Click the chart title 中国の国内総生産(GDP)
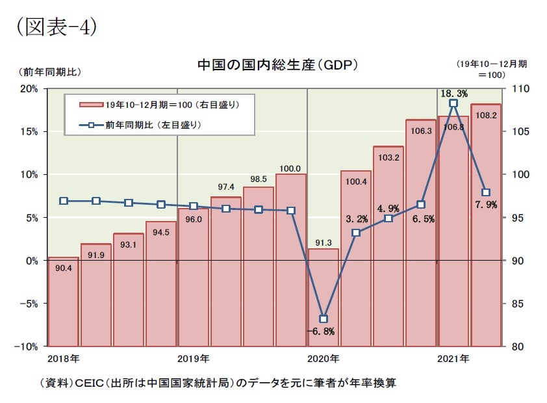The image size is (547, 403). [278, 66]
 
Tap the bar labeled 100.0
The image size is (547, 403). [290, 260]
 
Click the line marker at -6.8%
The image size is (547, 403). [323, 318]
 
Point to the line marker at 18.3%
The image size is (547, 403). [453, 103]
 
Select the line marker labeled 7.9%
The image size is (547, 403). [485, 192]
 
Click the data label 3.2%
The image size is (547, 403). [357, 218]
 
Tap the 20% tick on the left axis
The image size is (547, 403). [29, 89]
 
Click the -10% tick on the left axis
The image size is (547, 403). [27, 346]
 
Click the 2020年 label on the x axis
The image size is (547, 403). [323, 359]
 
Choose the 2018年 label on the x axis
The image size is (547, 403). [64, 359]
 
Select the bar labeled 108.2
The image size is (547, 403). [485, 225]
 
